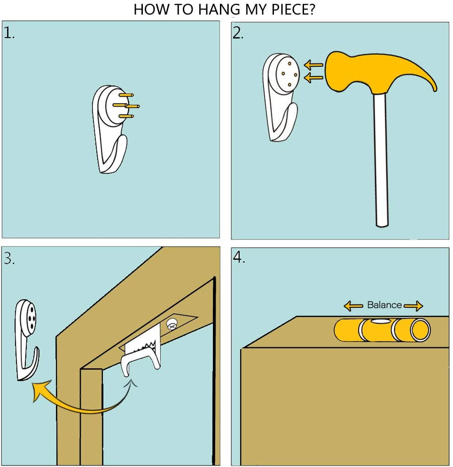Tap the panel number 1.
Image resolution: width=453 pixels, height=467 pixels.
coord(8,33)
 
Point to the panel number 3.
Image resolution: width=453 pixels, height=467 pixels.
coord(9,258)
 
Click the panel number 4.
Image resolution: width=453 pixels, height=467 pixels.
coord(239,257)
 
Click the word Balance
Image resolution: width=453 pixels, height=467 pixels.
coord(384,305)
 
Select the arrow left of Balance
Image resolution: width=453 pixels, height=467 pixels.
coord(353,306)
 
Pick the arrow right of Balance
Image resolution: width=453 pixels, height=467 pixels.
coord(414,306)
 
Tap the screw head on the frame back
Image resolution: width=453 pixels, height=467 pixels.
coord(172,324)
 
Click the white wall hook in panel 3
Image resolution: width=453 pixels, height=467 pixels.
coord(26,340)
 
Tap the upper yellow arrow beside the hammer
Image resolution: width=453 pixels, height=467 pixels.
coord(313,65)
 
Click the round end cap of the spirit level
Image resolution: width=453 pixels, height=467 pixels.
coord(420,330)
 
